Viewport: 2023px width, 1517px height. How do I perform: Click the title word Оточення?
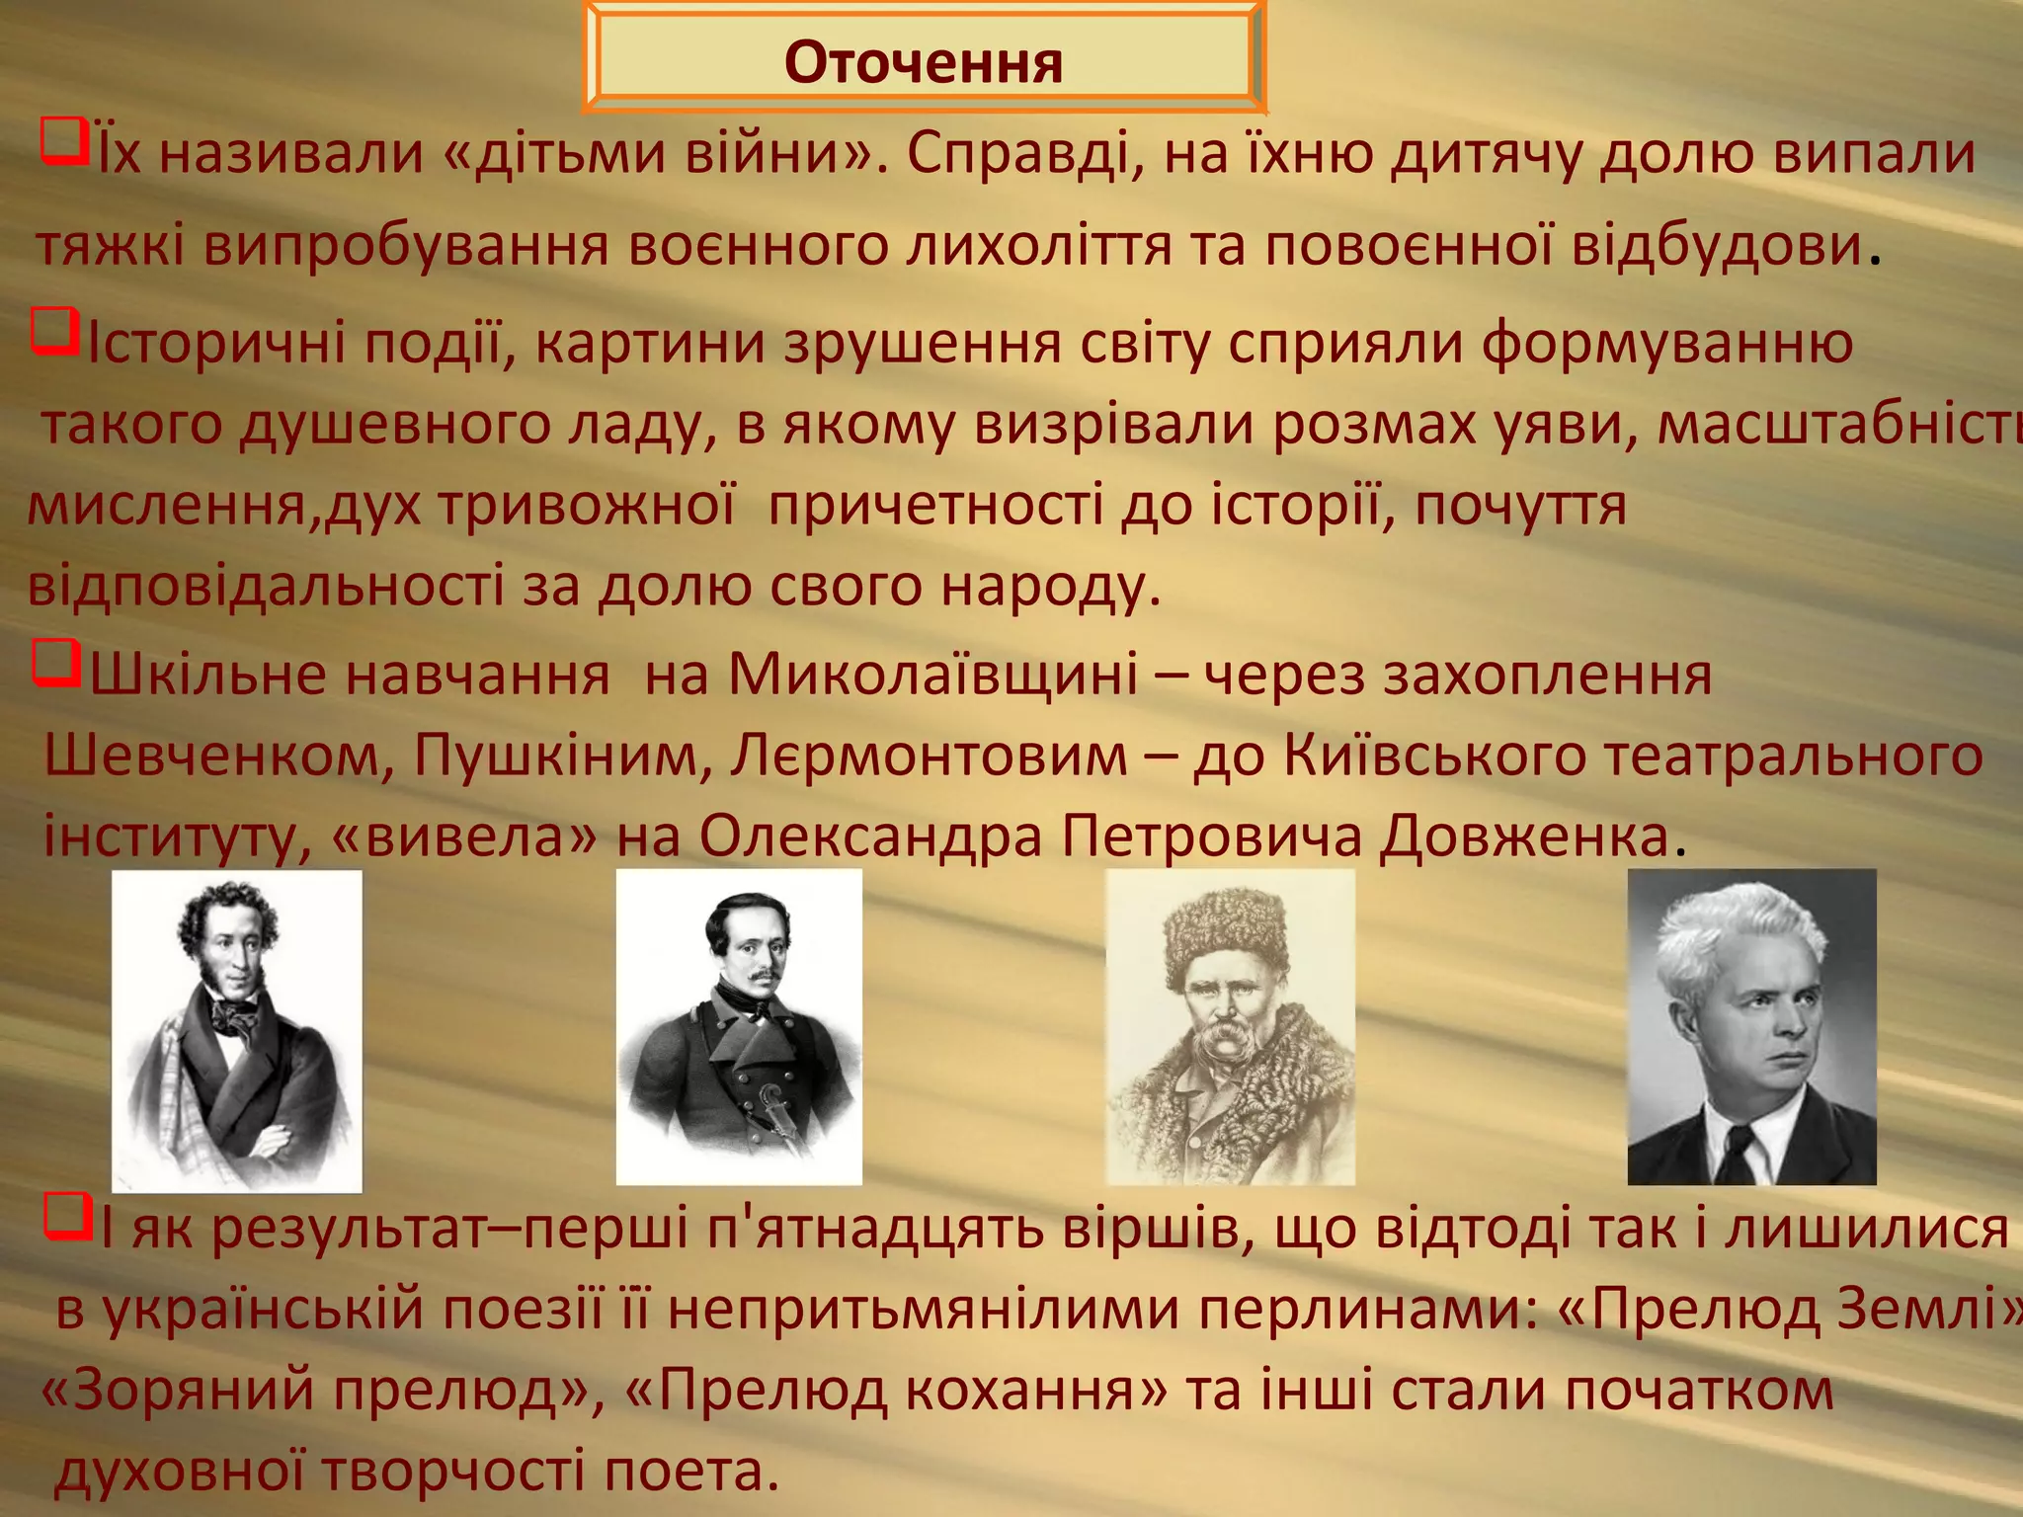pyautogui.click(x=923, y=63)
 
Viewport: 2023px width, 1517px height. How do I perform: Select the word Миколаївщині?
pyautogui.click(x=933, y=676)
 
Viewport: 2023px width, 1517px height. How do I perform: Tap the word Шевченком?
pyautogui.click(x=212, y=757)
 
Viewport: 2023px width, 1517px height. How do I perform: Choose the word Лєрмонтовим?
pyautogui.click(x=929, y=757)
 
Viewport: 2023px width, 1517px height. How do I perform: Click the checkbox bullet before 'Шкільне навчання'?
pyautogui.click(x=54, y=664)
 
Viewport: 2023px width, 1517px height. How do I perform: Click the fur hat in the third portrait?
pyautogui.click(x=1225, y=933)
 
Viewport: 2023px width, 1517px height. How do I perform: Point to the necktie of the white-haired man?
pyautogui.click(x=1739, y=1151)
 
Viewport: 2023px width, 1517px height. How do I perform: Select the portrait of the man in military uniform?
pyautogui.click(x=739, y=1027)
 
